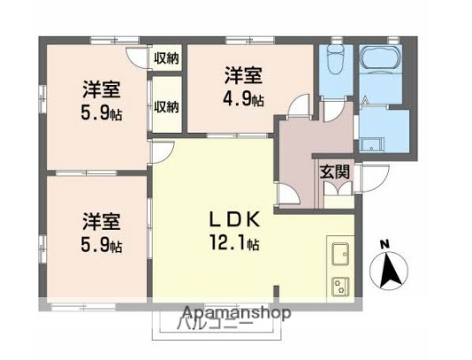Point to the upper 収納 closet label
pos(166,59)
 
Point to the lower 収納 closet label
pos(166,107)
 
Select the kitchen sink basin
pos(340,256)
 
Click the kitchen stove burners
pos(339,286)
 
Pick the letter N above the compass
pos(383,244)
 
